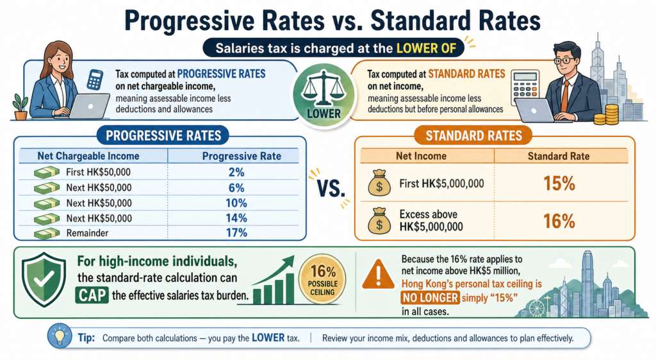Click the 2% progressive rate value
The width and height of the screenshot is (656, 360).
pyautogui.click(x=236, y=172)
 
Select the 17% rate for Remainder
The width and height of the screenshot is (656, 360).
pyautogui.click(x=236, y=233)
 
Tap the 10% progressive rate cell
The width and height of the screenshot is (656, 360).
pyautogui.click(x=236, y=203)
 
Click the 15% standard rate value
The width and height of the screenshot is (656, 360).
pyautogui.click(x=559, y=184)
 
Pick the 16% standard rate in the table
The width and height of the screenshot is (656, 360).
pyautogui.click(x=559, y=221)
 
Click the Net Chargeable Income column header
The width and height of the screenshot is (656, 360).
pyautogui.click(x=88, y=156)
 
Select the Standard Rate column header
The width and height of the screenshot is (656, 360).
pyautogui.click(x=559, y=156)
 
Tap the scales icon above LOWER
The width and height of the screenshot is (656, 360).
pyautogui.click(x=324, y=88)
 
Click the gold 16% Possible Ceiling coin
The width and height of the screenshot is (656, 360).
pyautogui.click(x=322, y=279)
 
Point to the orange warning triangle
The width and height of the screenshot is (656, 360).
pyautogui.click(x=378, y=275)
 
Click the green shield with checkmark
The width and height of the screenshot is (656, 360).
pyautogui.click(x=44, y=279)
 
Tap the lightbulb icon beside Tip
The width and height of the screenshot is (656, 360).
pyautogui.click(x=60, y=336)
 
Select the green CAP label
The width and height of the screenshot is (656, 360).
pyautogui.click(x=92, y=295)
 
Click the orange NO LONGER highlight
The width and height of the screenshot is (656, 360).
pyautogui.click(x=430, y=298)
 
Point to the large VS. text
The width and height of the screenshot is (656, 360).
pyautogui.click(x=331, y=188)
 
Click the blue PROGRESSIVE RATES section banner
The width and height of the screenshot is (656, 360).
pyautogui.click(x=163, y=136)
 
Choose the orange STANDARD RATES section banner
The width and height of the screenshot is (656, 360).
pyautogui.click(x=473, y=136)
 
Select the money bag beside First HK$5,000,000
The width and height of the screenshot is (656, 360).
pyautogui.click(x=379, y=183)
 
